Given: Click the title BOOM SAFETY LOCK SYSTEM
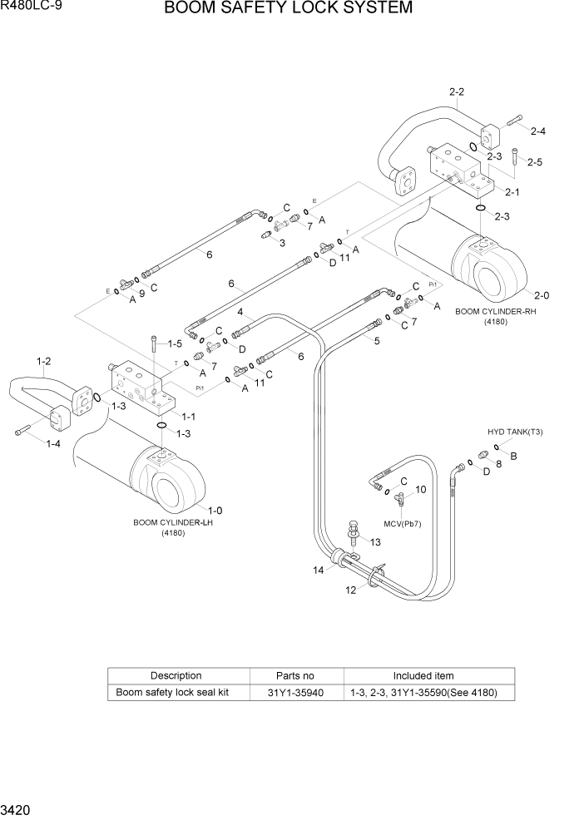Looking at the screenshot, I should (288, 9).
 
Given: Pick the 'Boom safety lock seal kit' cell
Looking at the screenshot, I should (171, 693).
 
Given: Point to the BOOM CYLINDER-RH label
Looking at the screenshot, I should (489, 311).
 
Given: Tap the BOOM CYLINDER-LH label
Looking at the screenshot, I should (173, 523).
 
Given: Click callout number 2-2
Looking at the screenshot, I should (456, 91).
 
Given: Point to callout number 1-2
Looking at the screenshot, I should (44, 361).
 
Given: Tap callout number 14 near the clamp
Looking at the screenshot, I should (318, 570).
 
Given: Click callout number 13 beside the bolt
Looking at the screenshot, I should (375, 542).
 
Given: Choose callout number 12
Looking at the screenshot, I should (350, 590).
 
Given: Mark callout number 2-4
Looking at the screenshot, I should (537, 131).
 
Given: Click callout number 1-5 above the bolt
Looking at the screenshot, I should (175, 343).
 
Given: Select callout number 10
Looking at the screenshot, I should (420, 490).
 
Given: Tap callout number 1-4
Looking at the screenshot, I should (52, 444).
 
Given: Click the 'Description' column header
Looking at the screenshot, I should (176, 676).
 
